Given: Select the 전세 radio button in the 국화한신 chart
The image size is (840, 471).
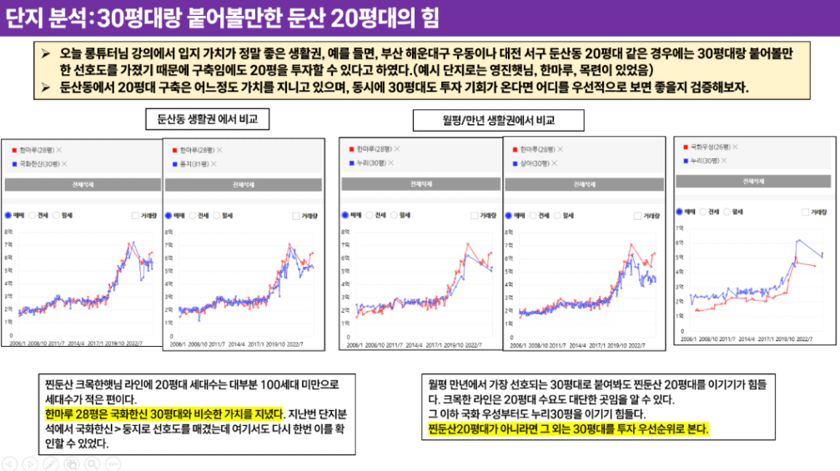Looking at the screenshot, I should coord(33,215).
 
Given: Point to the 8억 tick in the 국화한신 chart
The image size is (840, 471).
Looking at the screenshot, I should coord(8,232).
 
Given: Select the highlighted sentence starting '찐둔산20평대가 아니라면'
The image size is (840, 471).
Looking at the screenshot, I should coord(567,428).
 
